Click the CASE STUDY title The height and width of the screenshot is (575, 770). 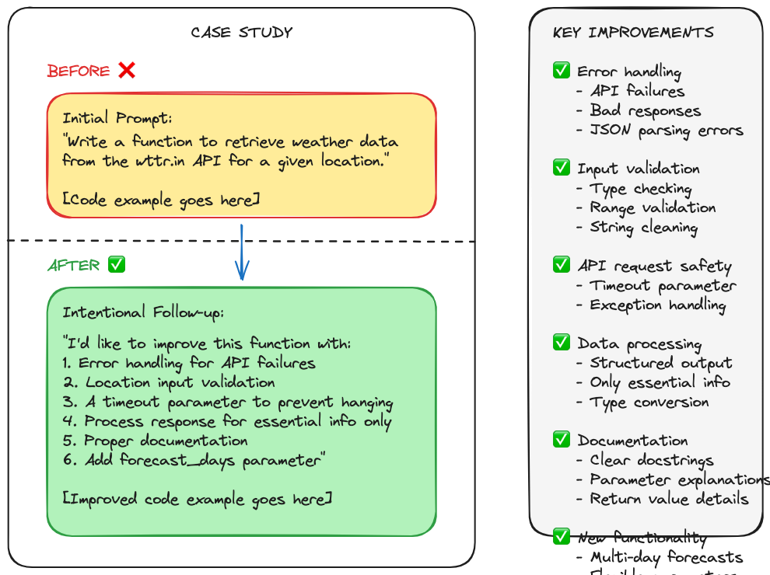click(x=241, y=33)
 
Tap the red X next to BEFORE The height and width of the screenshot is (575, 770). click(x=127, y=71)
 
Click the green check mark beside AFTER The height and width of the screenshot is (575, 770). click(x=117, y=265)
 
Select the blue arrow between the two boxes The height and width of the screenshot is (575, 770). click(x=242, y=253)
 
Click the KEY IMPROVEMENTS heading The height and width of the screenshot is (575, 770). click(x=633, y=33)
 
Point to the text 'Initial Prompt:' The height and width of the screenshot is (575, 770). click(x=117, y=119)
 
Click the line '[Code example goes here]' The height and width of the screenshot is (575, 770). click(x=161, y=200)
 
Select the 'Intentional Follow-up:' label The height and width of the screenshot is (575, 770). click(x=143, y=312)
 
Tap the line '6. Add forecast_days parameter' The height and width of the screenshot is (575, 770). click(x=193, y=460)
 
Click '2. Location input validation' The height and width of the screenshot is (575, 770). click(x=169, y=382)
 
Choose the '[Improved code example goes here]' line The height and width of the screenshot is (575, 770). click(x=197, y=499)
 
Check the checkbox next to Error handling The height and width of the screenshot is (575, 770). click(x=562, y=71)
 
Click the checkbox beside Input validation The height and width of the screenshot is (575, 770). click(x=562, y=168)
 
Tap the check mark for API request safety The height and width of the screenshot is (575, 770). click(x=562, y=265)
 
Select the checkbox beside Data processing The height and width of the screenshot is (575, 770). click(x=562, y=343)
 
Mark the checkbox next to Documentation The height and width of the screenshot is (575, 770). click(x=562, y=440)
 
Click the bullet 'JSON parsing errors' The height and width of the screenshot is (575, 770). click(x=666, y=131)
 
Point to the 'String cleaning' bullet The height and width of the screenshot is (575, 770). click(x=643, y=228)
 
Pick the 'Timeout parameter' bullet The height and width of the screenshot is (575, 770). click(x=663, y=286)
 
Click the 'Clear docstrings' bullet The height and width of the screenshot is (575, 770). click(x=651, y=460)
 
